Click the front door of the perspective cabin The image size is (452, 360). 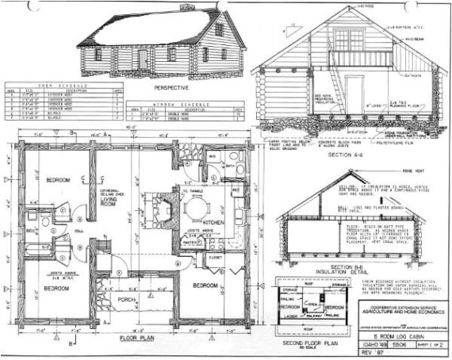click(144, 59)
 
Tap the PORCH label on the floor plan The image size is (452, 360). click(126, 299)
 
